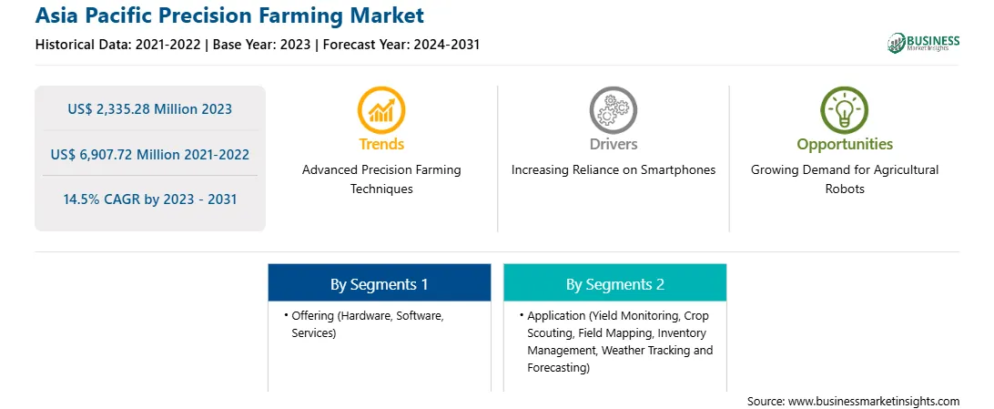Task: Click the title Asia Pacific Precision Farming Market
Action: click(229, 15)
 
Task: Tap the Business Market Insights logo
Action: click(923, 43)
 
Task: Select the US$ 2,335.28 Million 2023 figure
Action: click(149, 109)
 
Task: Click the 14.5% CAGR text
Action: click(104, 199)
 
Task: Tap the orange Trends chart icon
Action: click(381, 110)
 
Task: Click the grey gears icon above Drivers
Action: click(613, 110)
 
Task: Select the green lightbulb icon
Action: click(845, 110)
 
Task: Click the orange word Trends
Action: click(381, 144)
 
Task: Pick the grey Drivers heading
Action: click(613, 144)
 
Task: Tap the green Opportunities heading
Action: click(845, 145)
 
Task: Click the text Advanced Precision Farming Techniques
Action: click(381, 179)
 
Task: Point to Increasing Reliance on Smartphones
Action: click(613, 170)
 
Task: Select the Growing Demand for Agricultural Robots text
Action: click(845, 179)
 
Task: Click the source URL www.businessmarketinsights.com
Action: click(874, 402)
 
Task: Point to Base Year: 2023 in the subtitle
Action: click(262, 45)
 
